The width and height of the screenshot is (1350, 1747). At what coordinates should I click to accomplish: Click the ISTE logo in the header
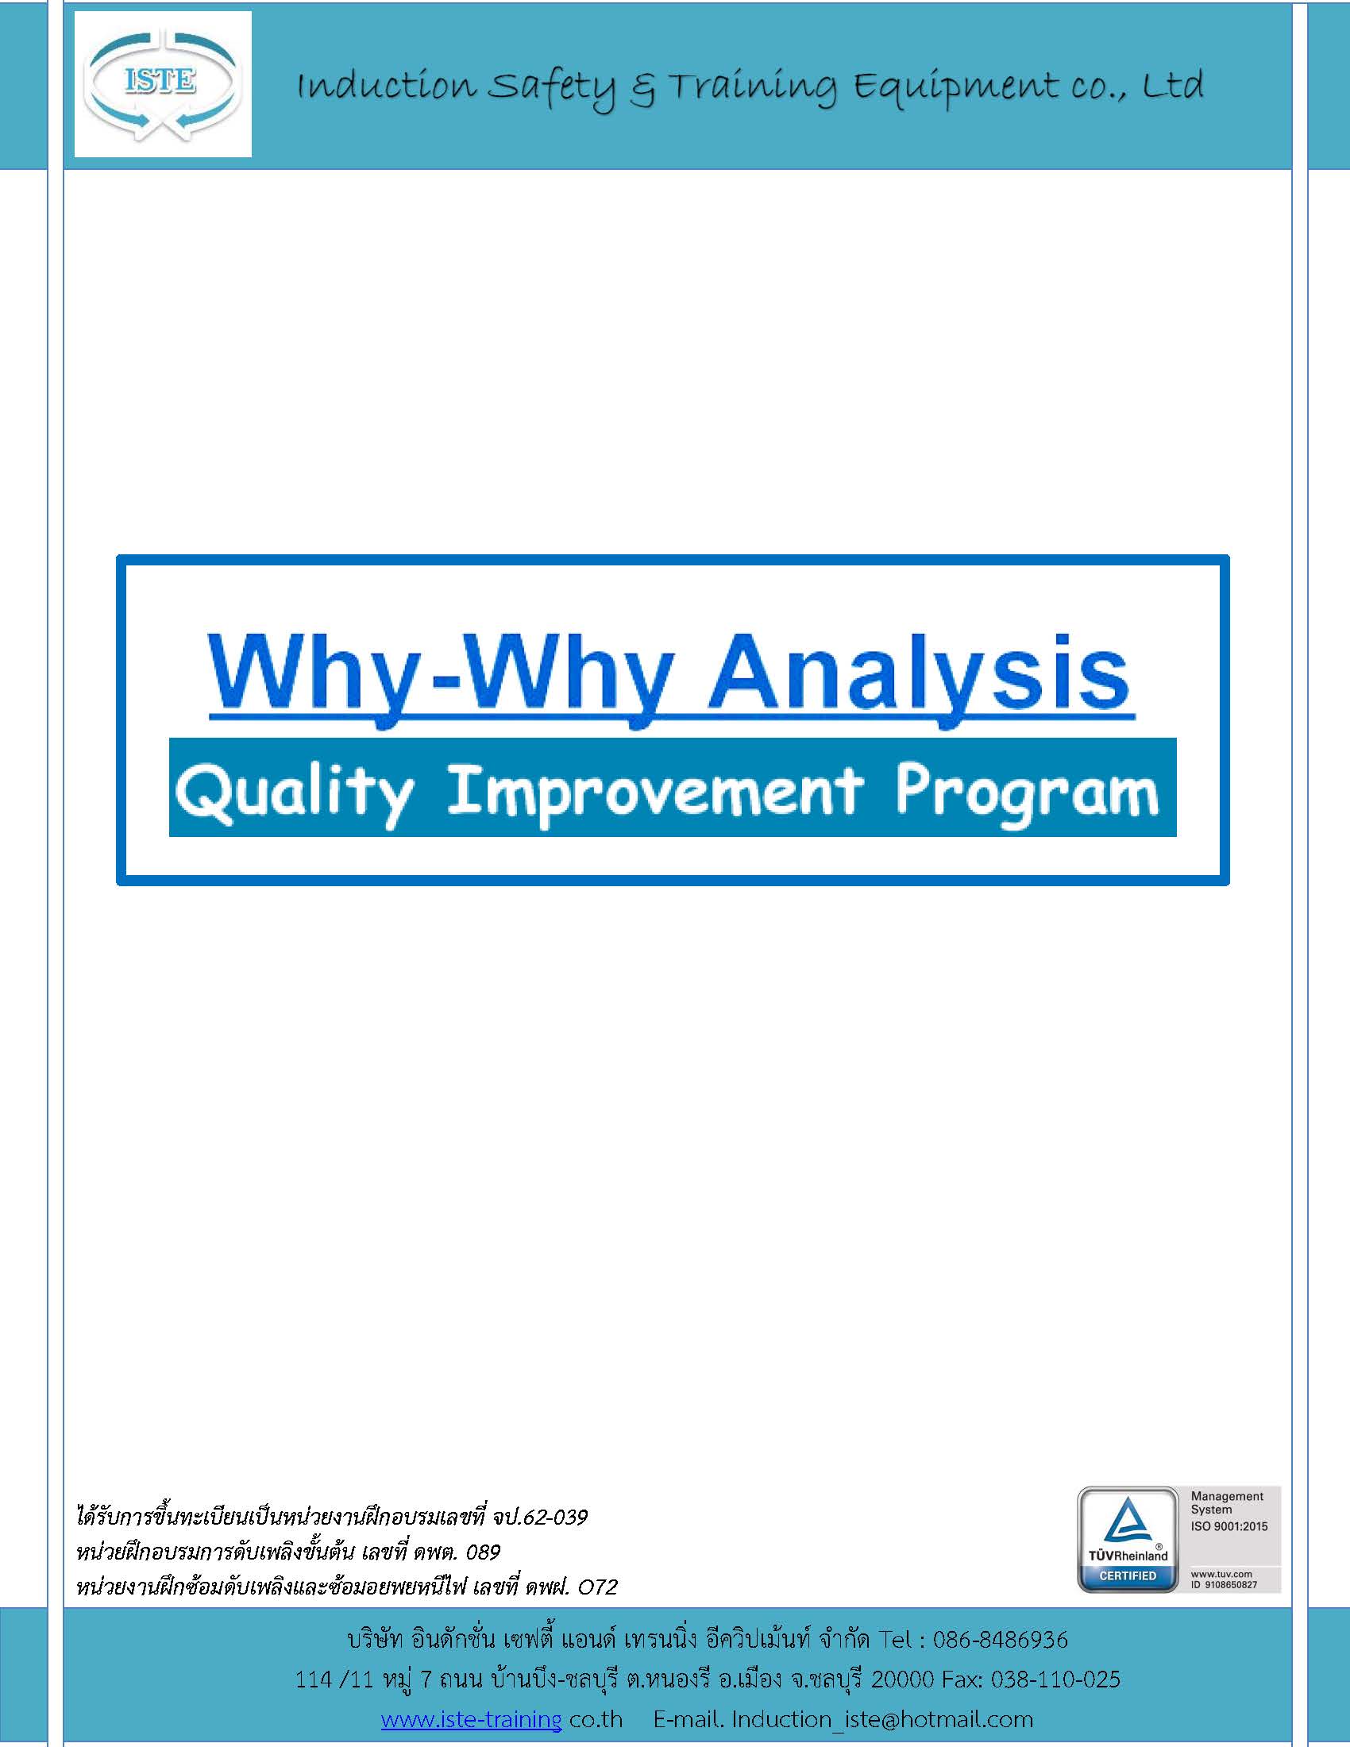click(163, 84)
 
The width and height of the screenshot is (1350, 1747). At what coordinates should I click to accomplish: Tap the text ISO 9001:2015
click(1229, 1526)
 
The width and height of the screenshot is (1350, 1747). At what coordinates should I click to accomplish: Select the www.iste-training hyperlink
click(471, 1718)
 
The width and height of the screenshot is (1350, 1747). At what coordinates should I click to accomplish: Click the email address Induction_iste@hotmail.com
click(882, 1719)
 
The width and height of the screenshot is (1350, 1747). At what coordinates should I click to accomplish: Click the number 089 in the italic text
click(482, 1552)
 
